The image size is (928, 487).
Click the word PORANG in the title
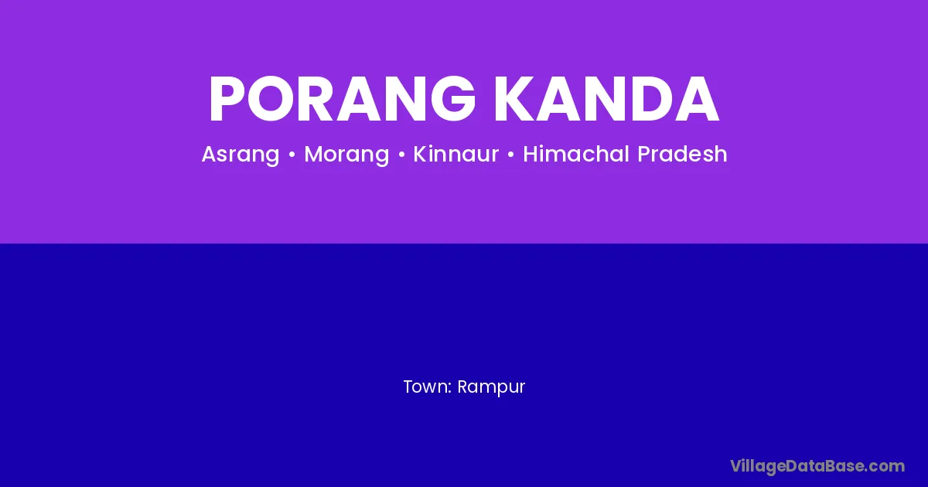[342, 100]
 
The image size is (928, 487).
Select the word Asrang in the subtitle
[241, 155]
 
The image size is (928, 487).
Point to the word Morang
[346, 155]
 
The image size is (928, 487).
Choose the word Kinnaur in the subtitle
[456, 154]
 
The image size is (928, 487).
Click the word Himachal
[576, 154]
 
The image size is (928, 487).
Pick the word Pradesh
[682, 154]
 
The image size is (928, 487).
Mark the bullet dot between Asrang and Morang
[292, 155]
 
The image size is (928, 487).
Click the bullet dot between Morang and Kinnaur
[401, 155]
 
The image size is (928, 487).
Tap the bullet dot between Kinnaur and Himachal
[511, 155]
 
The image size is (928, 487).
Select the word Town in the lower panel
[425, 387]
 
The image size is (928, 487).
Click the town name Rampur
[491, 387]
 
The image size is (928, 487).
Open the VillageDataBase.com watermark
[817, 467]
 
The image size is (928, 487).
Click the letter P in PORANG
[229, 100]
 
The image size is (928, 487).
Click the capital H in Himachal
[531, 154]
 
